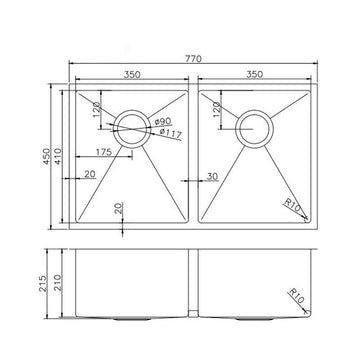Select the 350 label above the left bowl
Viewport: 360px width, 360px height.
[x=128, y=75]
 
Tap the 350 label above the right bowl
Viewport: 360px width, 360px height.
[x=261, y=75]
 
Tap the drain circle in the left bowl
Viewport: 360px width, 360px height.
[x=128, y=127]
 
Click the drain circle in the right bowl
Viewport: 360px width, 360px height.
[x=253, y=127]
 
